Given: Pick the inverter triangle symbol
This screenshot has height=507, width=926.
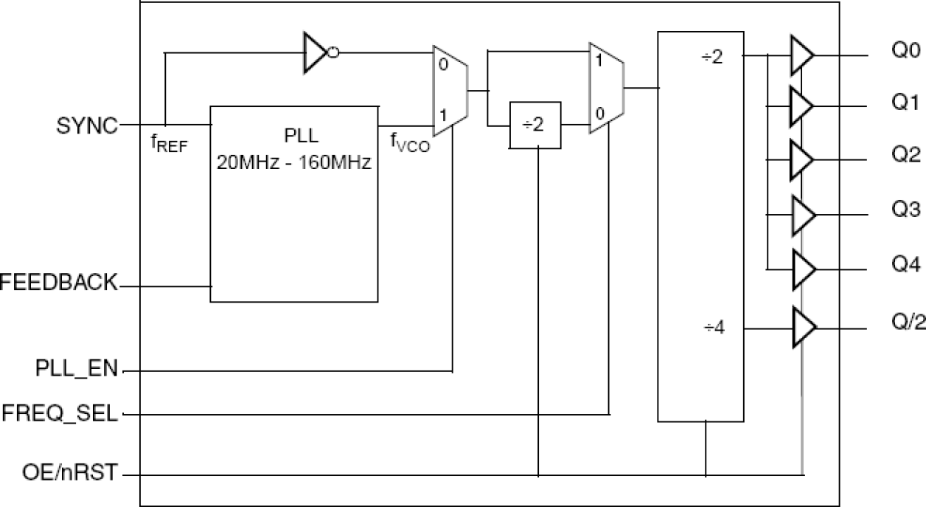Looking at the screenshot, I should [316, 52].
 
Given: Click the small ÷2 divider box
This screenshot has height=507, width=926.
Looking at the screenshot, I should [535, 125].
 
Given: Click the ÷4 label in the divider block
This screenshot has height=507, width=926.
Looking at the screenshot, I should [715, 327].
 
